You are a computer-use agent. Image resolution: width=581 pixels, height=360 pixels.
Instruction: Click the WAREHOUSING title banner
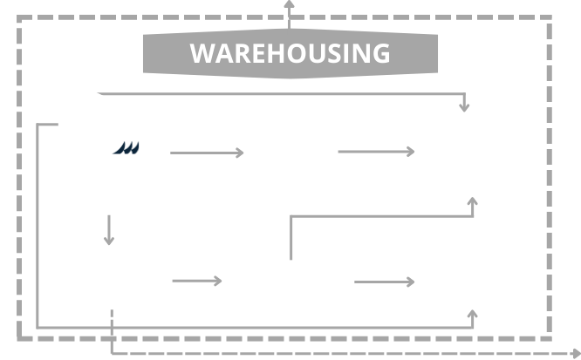pyautogui.click(x=290, y=53)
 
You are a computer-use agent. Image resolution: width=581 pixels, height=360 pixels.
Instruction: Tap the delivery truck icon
pyautogui.click(x=136, y=153)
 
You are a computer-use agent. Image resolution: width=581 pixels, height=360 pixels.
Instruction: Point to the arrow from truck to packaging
pyautogui.click(x=209, y=153)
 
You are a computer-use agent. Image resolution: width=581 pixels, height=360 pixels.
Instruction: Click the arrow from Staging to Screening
pyautogui.click(x=201, y=282)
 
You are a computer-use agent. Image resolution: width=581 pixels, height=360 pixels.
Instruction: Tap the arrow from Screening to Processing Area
pyautogui.click(x=384, y=282)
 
